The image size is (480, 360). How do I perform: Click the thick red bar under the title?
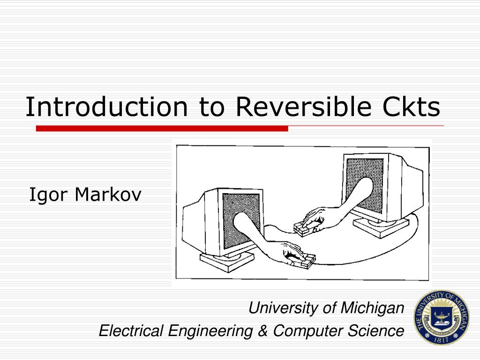point(162,128)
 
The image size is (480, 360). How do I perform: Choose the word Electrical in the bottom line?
point(131,331)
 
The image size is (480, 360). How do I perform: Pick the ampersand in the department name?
point(263,331)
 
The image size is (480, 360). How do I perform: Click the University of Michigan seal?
point(441,317)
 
